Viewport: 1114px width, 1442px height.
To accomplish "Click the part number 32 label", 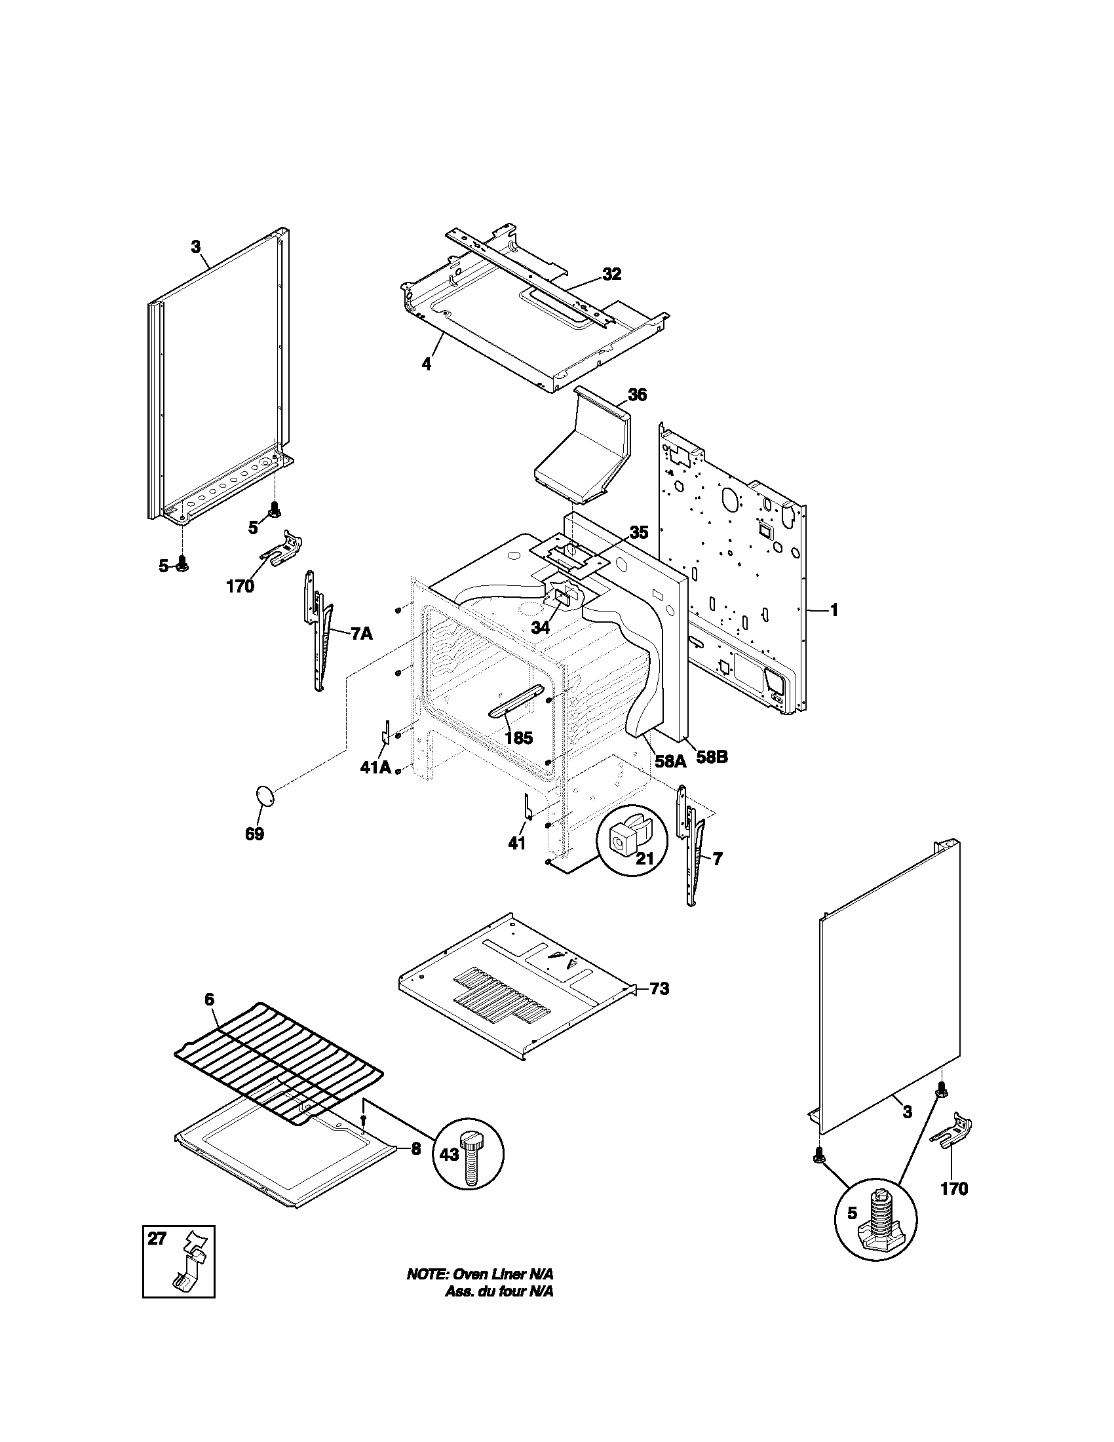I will (x=612, y=274).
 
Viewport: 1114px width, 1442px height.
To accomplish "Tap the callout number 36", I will (x=637, y=395).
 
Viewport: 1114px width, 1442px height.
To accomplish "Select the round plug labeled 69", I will (x=265, y=795).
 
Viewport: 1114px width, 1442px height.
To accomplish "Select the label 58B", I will (x=712, y=757).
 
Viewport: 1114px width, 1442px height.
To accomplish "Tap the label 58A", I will (x=670, y=760).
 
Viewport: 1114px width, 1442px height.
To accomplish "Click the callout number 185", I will (x=518, y=738).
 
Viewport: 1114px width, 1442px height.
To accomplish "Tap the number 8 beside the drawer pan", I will (x=415, y=1149).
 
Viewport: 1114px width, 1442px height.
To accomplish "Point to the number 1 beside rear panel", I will (x=834, y=610).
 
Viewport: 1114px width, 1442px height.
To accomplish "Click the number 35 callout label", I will (x=638, y=532).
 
